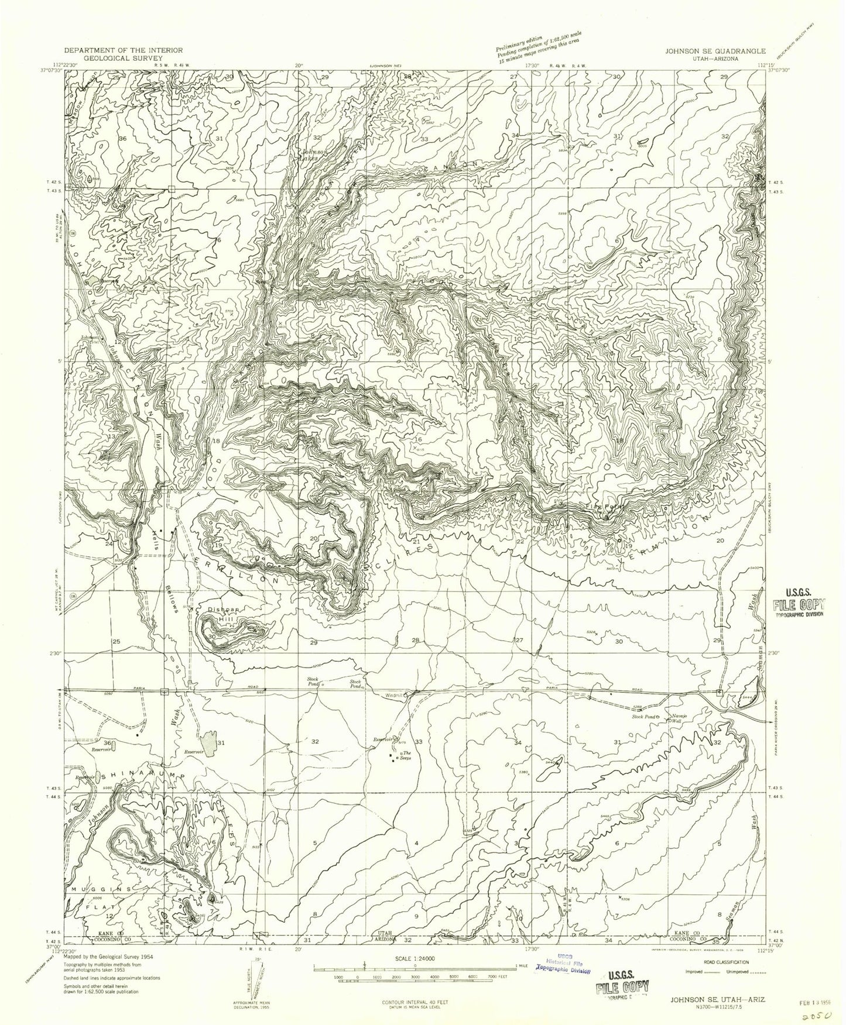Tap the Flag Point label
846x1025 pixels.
(x=601, y=507)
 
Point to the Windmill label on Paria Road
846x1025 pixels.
(x=395, y=696)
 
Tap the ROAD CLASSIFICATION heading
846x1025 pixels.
(x=721, y=962)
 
